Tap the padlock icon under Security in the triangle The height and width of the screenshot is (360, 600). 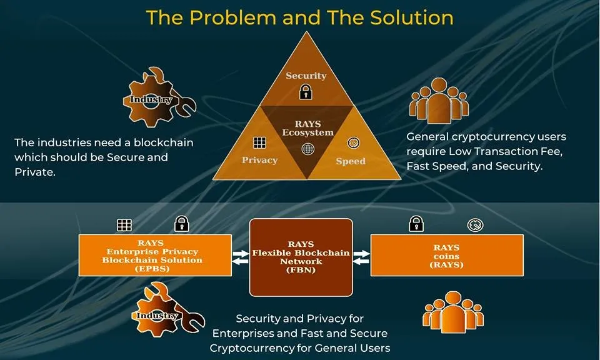[x=306, y=92]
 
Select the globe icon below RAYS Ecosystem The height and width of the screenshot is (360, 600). [x=307, y=149]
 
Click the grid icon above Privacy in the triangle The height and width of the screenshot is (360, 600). [x=259, y=142]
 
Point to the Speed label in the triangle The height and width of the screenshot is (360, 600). [x=351, y=161]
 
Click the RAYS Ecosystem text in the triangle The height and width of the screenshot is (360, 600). [x=307, y=128]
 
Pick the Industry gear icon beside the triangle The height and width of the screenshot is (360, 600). [x=159, y=97]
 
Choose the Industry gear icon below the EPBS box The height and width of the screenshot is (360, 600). [x=168, y=310]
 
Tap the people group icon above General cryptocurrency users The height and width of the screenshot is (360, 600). [x=439, y=101]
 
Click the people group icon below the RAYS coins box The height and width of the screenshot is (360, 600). [x=453, y=312]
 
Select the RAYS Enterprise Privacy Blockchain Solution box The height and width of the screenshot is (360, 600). [x=155, y=255]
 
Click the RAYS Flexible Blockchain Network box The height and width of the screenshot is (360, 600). [x=301, y=257]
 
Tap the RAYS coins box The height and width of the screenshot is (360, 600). [x=447, y=255]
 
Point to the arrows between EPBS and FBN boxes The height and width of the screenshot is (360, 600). [x=240, y=257]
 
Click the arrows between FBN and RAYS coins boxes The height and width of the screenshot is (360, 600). [x=361, y=257]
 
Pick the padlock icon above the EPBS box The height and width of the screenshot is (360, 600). [x=182, y=224]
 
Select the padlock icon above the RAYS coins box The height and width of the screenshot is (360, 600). [x=416, y=224]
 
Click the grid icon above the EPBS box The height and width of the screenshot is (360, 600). [x=124, y=225]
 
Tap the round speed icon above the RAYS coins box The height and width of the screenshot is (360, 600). [x=475, y=225]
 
